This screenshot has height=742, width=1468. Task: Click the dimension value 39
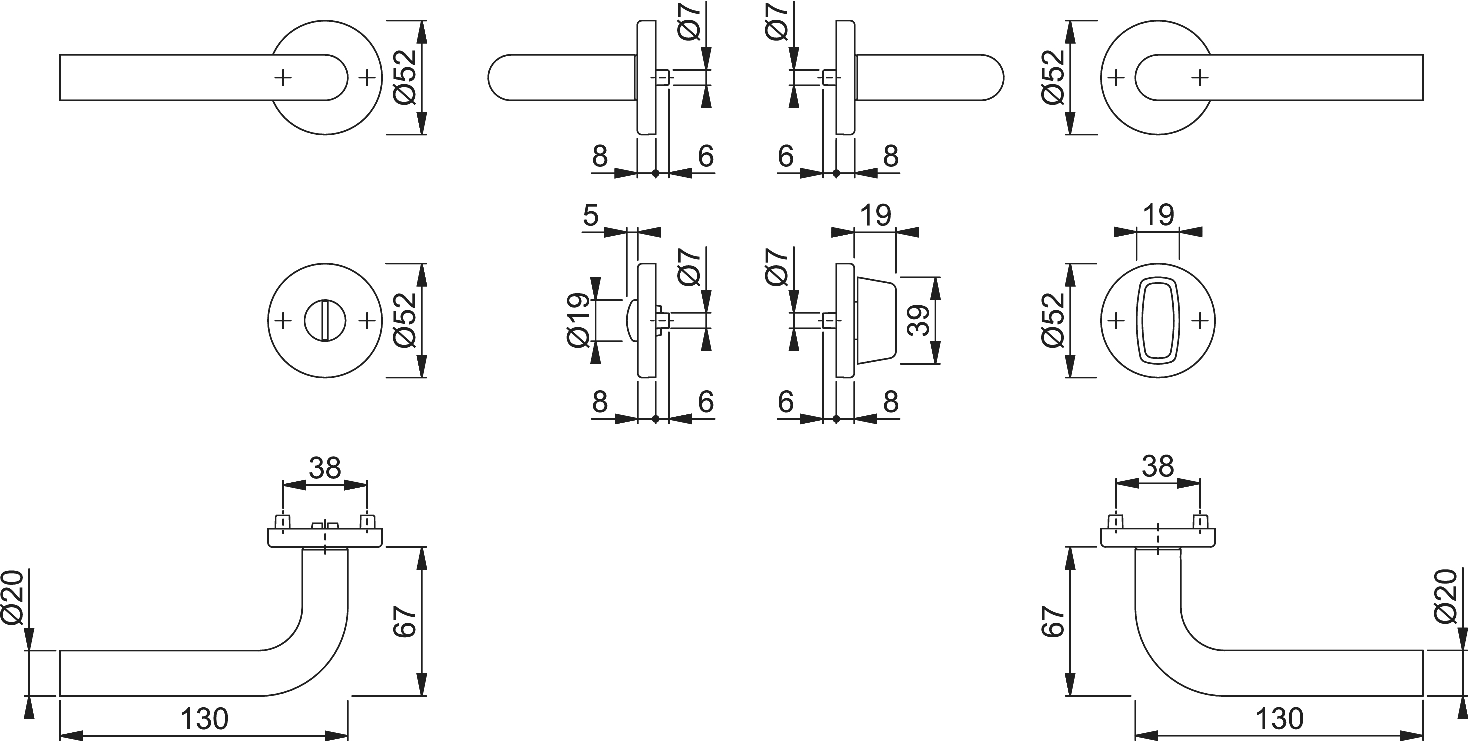pos(919,320)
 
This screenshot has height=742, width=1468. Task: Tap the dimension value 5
pos(591,215)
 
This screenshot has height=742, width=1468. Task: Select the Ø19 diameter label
pos(578,320)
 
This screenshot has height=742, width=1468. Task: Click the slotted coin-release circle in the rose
pos(325,320)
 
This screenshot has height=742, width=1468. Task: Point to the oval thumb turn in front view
pos(1157,321)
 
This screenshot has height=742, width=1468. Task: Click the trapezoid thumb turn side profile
pos(876,320)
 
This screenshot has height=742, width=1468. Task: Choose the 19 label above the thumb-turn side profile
pos(875,215)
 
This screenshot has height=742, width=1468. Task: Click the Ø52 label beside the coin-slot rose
pos(405,320)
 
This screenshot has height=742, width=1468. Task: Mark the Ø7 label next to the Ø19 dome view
pos(690,267)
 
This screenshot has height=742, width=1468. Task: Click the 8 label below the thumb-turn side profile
pos(891,402)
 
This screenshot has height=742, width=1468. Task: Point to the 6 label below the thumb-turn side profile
pos(786,402)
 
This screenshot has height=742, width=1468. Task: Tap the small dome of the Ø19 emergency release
pos(632,320)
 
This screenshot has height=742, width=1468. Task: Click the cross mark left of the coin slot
pos(283,320)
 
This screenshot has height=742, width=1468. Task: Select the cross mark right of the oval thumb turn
pos(1200,320)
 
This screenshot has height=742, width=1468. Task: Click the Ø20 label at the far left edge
pos(12,597)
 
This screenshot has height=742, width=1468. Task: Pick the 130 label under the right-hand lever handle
pos(1279,719)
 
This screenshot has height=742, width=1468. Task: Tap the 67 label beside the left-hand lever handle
pos(405,621)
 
